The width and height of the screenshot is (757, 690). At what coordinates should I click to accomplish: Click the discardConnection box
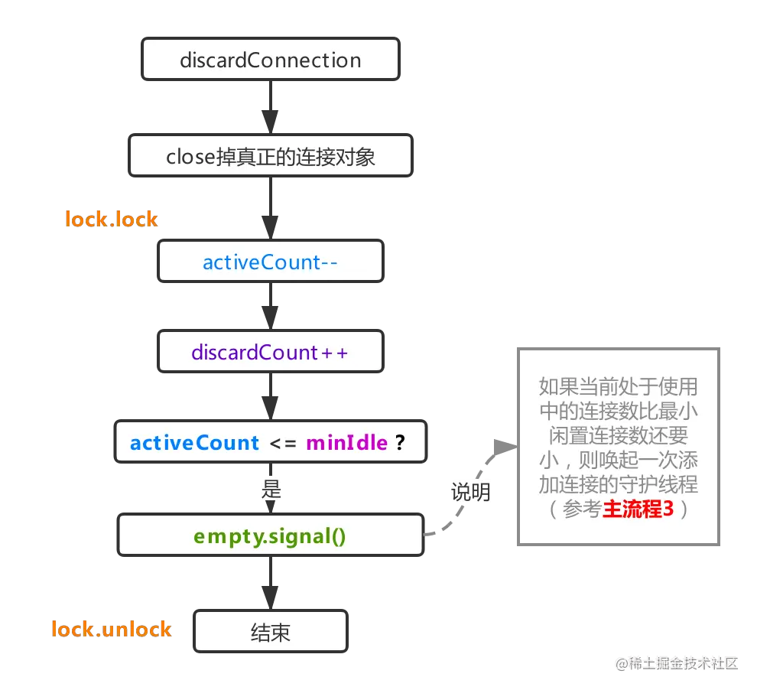click(271, 60)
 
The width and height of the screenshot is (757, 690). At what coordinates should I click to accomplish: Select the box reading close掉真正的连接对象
click(271, 157)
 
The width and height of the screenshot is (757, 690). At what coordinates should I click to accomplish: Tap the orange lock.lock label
click(112, 220)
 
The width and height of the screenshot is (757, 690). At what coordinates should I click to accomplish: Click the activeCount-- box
click(271, 262)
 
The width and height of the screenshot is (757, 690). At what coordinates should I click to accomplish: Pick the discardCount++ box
click(271, 353)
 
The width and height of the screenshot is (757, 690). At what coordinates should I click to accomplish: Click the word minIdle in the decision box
click(346, 443)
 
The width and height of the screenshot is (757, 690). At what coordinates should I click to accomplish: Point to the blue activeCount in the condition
click(195, 443)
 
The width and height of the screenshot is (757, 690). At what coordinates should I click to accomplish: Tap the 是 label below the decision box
click(271, 490)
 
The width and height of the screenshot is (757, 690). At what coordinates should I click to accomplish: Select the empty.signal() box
click(270, 535)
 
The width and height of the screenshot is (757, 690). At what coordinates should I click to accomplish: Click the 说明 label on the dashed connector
click(470, 492)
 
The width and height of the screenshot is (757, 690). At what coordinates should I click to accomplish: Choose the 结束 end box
click(271, 633)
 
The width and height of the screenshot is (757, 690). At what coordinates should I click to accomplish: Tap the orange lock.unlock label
click(111, 630)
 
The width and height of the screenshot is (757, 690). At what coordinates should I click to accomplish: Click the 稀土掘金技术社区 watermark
click(676, 662)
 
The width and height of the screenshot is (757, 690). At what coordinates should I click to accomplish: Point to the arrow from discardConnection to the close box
click(271, 109)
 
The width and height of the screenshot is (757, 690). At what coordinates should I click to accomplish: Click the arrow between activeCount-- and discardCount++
click(271, 308)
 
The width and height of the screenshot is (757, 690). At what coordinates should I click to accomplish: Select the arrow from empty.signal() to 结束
click(271, 583)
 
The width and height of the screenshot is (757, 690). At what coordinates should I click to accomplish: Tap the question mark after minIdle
click(399, 443)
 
